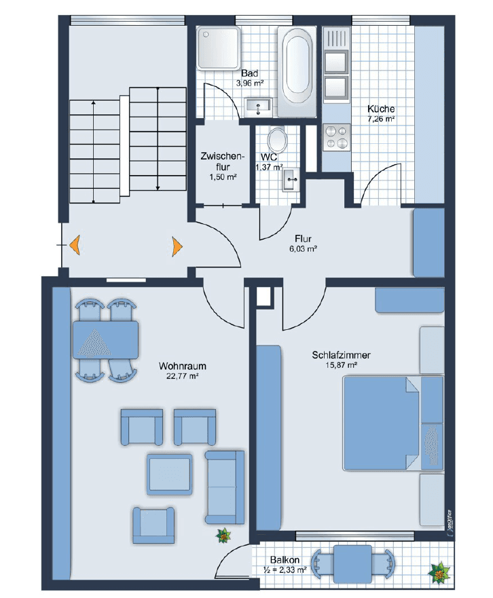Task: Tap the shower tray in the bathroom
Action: [x=215, y=48]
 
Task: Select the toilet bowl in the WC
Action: [x=277, y=141]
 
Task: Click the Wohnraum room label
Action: [x=182, y=366]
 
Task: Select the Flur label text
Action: [x=303, y=238]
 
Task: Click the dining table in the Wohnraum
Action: [x=105, y=339]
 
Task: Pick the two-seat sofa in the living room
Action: [x=225, y=487]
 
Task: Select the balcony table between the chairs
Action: [x=352, y=563]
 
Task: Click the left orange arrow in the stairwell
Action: [x=74, y=244]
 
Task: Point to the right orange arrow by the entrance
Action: [x=177, y=245]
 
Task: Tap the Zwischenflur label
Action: [x=218, y=162]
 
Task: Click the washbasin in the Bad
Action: [x=258, y=105]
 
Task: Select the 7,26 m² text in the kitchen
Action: [x=381, y=119]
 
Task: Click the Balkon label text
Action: [x=285, y=560]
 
